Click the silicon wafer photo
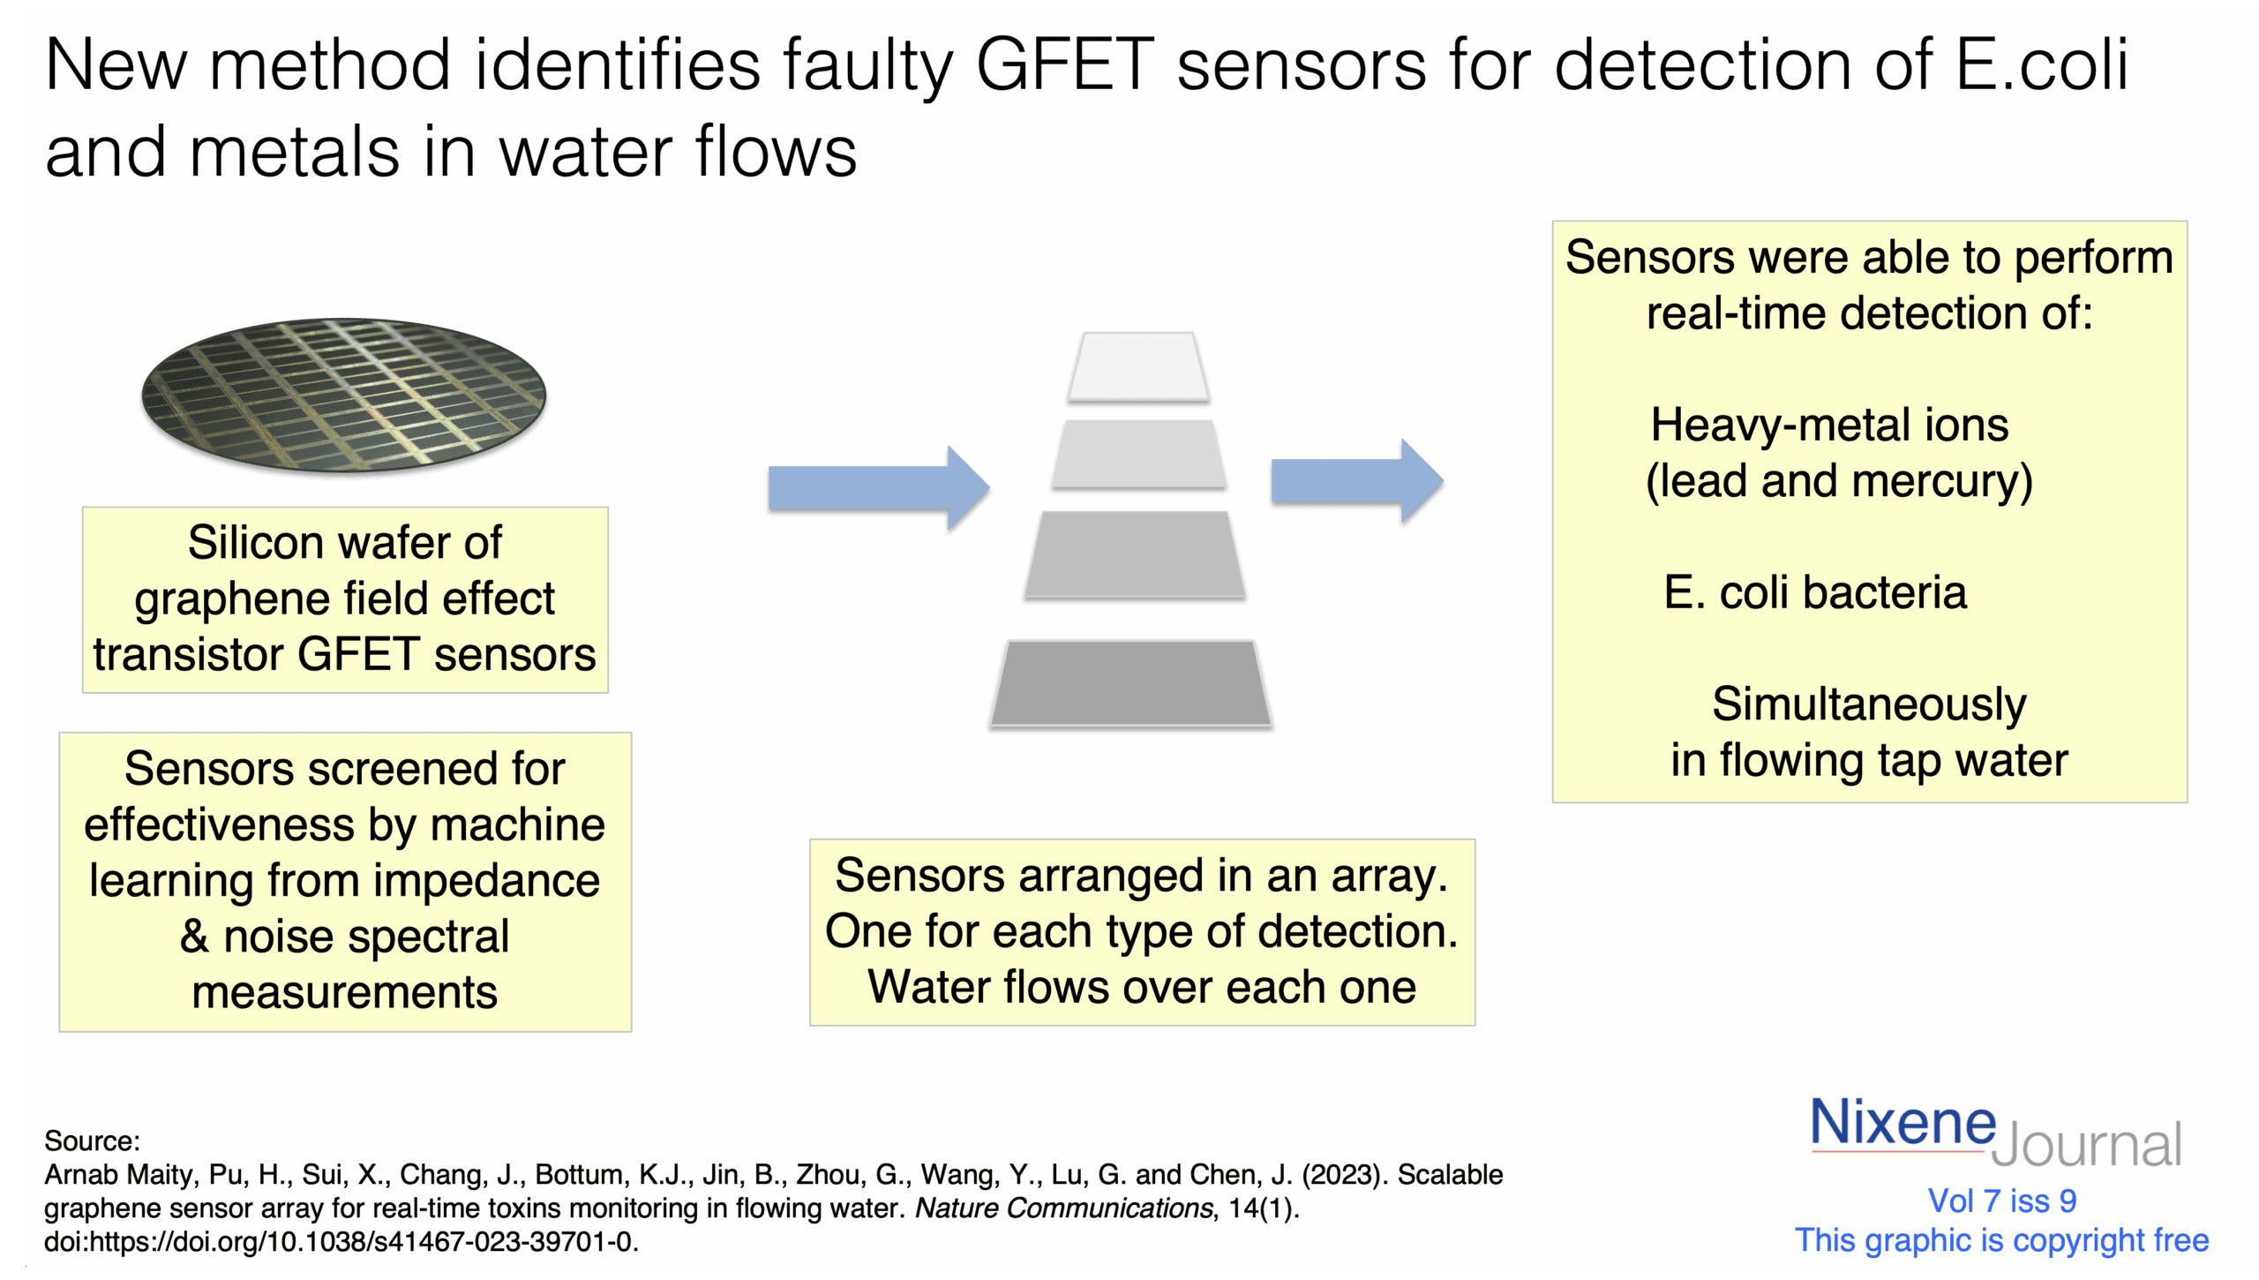pos(344,395)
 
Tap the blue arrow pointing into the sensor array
pos(878,488)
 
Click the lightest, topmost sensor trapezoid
pos(1137,366)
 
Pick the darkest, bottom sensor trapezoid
pos(1130,683)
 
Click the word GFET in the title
pos(1065,65)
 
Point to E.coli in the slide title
pos(2042,65)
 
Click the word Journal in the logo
pos(2087,1146)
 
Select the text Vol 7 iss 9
pos(2002,1201)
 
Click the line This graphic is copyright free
pos(2001,1240)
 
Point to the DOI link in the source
pos(341,1242)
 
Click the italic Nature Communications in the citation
pos(1064,1208)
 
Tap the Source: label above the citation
pos(92,1141)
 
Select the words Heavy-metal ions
pos(1829,425)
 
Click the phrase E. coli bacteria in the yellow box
pos(1815,592)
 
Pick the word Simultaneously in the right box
pos(1869,704)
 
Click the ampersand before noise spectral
pos(194,937)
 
